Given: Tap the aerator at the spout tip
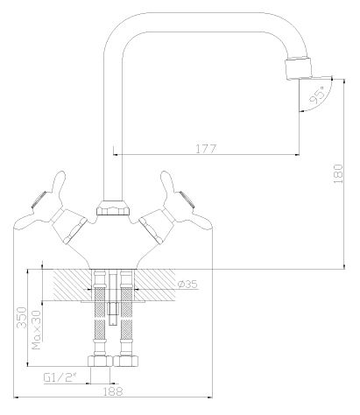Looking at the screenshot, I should coord(299,70).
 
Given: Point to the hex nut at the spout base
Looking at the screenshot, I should coord(112,209).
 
